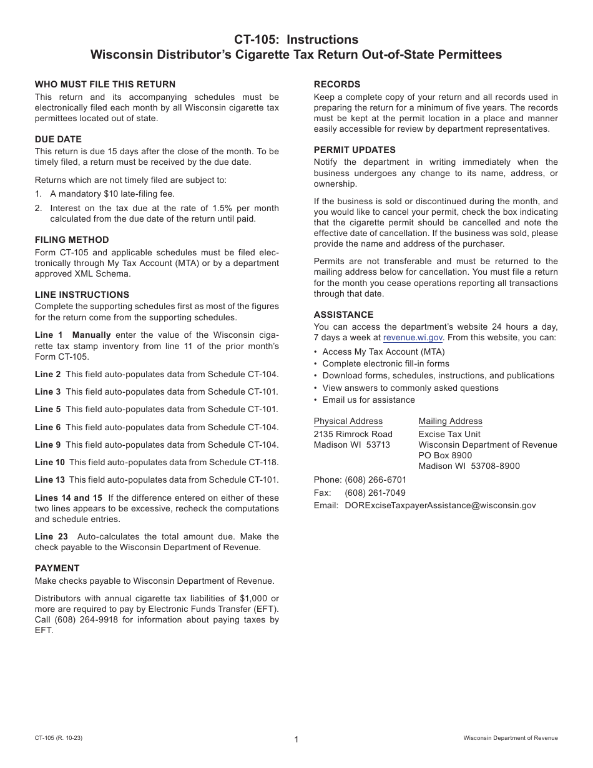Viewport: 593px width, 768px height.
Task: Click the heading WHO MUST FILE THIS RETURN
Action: tap(105, 84)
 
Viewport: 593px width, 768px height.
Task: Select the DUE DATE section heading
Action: tap(58, 139)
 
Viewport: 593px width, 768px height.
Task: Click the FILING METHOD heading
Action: tap(72, 240)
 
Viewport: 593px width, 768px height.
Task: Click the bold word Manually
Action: tap(92, 335)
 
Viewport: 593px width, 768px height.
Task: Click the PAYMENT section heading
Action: tap(57, 568)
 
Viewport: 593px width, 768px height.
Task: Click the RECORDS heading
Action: tap(337, 84)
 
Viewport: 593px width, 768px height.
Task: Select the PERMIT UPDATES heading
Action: tap(355, 150)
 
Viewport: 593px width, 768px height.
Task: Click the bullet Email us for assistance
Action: tap(368, 400)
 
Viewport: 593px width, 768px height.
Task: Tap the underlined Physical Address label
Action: tap(348, 421)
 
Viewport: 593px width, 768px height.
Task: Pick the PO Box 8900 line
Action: tap(445, 456)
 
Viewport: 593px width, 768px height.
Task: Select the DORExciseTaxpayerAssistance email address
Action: tap(440, 506)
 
